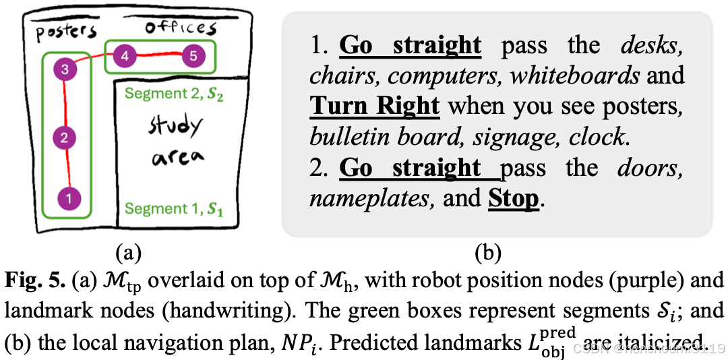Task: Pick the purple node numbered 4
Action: pos(125,57)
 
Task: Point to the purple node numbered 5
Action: pos(193,57)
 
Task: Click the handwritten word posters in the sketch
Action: pos(66,32)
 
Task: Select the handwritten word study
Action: pos(175,127)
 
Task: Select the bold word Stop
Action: pos(514,198)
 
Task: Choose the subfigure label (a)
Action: pos(127,253)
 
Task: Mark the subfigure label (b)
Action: pos(488,253)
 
